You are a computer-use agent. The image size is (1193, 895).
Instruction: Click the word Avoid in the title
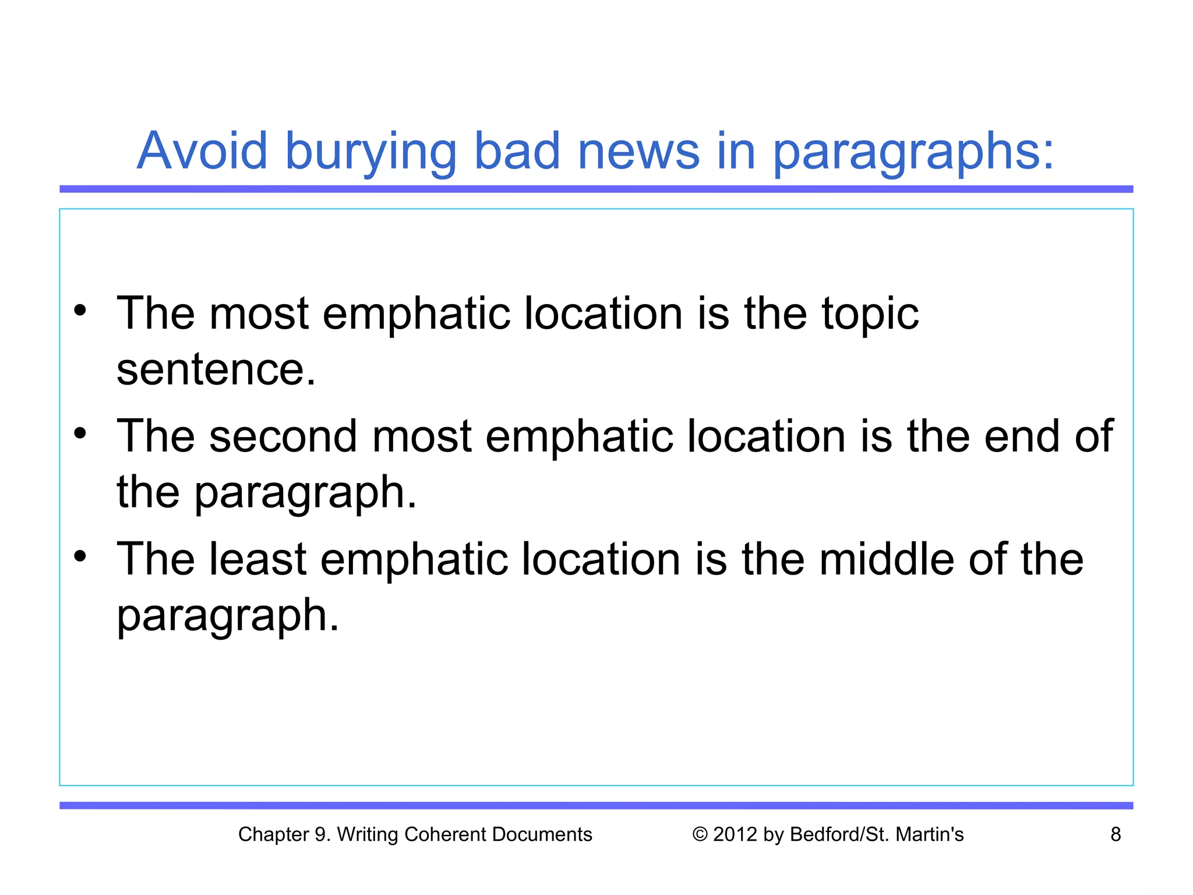click(x=202, y=151)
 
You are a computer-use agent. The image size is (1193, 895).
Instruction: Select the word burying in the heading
click(x=370, y=153)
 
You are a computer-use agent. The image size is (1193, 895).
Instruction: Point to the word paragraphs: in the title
click(x=913, y=153)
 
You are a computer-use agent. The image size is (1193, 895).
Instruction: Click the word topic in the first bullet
click(x=870, y=315)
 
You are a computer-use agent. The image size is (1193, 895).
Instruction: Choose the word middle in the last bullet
click(x=886, y=559)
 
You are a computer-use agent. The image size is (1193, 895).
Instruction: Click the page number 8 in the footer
click(x=1116, y=834)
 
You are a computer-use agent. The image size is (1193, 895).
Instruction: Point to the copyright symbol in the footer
click(x=700, y=834)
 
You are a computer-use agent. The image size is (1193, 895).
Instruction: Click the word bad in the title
click(x=517, y=151)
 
